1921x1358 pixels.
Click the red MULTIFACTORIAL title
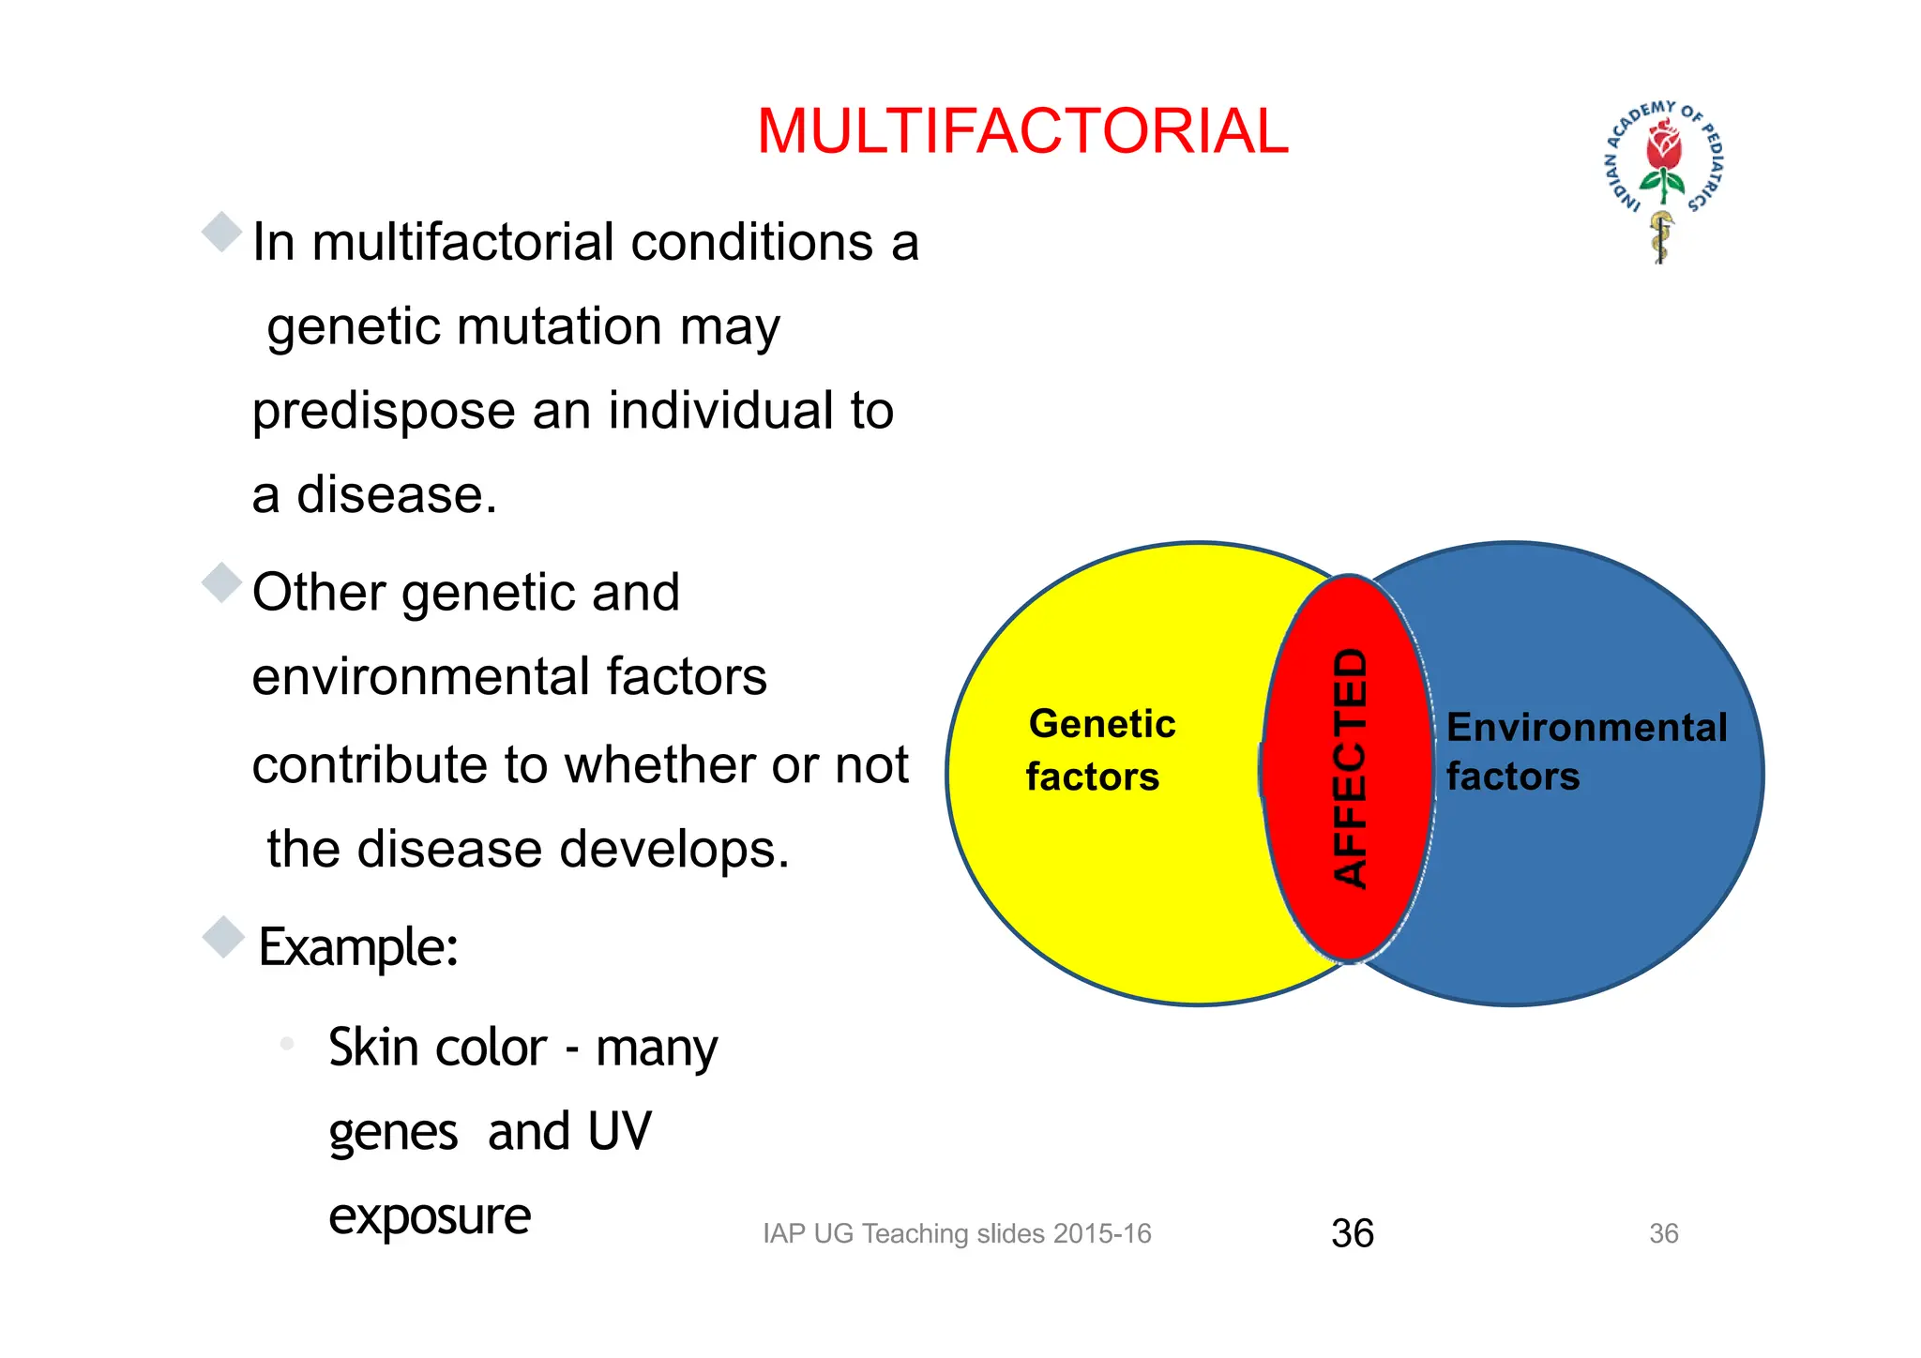click(1022, 131)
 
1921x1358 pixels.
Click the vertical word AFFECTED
click(1351, 767)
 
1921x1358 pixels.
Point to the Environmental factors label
click(1585, 751)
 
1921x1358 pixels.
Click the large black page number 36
click(1352, 1233)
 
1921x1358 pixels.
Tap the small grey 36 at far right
click(1663, 1233)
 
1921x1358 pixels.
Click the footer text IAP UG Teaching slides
click(956, 1233)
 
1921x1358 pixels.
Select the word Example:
click(358, 946)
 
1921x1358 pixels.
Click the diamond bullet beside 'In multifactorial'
click(222, 232)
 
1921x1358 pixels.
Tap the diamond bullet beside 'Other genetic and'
click(222, 582)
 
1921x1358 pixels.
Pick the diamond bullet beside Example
click(223, 937)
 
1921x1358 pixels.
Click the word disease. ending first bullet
click(396, 495)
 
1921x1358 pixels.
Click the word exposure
click(430, 1217)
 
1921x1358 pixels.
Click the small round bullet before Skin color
click(287, 1043)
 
